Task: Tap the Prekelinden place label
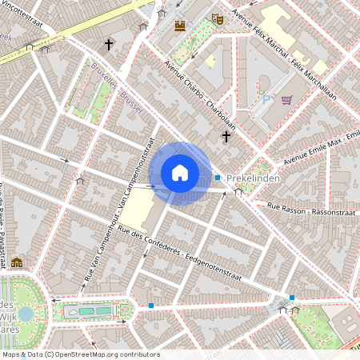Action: click(x=253, y=178)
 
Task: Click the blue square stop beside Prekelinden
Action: click(x=217, y=177)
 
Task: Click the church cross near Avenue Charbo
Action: click(x=226, y=137)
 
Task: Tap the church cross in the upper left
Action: click(x=109, y=45)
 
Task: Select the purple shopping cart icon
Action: click(x=286, y=99)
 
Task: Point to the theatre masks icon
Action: click(x=217, y=18)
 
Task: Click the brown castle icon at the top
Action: click(x=181, y=25)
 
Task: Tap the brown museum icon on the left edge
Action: click(x=17, y=262)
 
